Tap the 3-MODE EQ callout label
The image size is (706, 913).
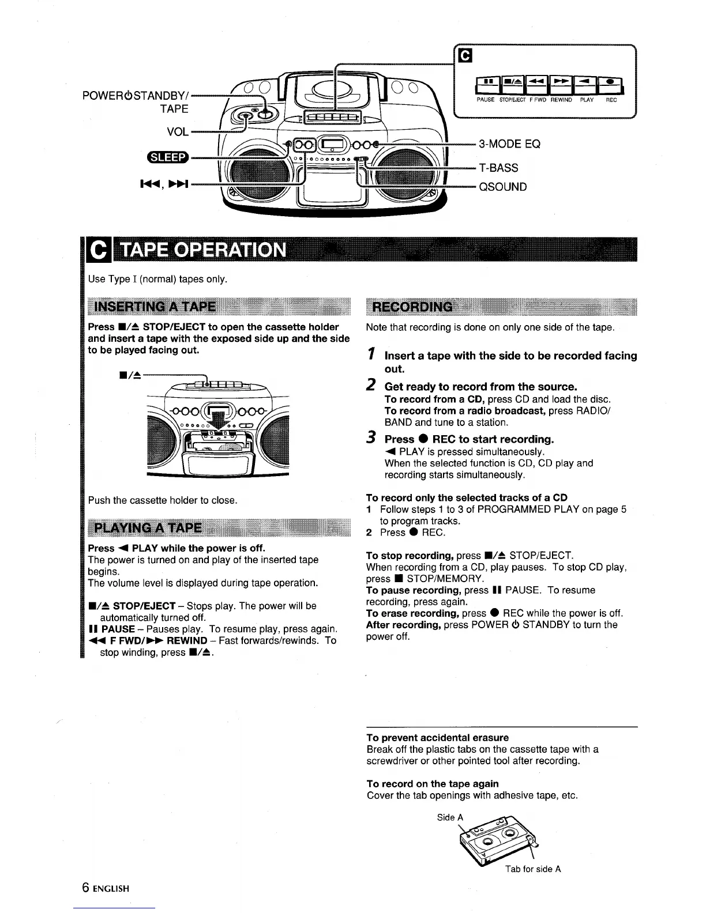(x=509, y=144)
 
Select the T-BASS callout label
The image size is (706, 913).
(x=498, y=168)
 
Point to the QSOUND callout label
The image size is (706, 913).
(x=502, y=187)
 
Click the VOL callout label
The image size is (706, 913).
(x=177, y=132)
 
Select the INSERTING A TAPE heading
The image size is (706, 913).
(x=155, y=306)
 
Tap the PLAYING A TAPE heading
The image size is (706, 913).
(x=148, y=528)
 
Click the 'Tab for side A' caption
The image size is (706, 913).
(x=533, y=869)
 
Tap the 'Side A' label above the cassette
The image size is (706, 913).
(x=450, y=817)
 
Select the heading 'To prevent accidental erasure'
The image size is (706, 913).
(x=438, y=738)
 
